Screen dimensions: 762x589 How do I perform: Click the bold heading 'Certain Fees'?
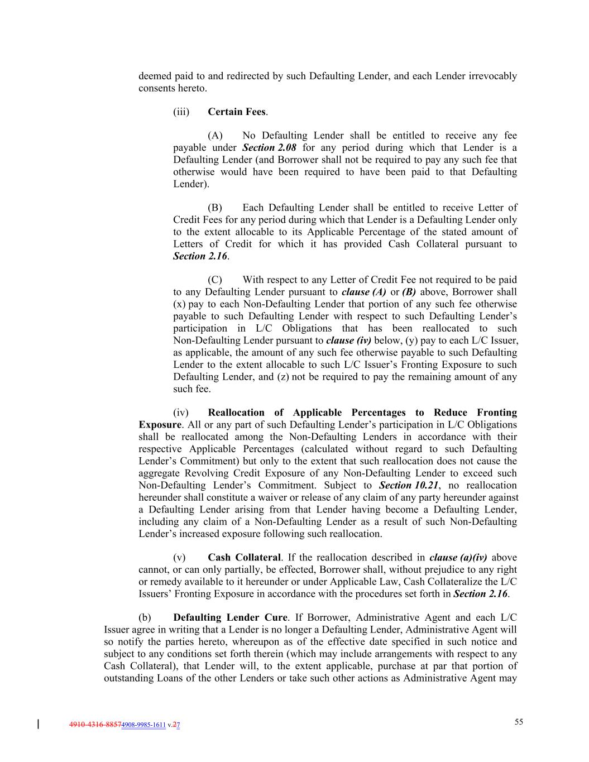237,112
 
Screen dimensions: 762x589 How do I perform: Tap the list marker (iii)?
181,112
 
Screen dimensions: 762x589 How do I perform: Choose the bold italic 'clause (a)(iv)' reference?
458,558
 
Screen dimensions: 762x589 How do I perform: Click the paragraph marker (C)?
215,280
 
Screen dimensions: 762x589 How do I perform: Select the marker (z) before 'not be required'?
282,377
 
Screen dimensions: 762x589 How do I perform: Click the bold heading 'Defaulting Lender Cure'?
230,618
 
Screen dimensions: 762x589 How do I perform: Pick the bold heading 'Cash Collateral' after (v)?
243,558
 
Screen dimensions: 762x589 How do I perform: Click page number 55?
519,722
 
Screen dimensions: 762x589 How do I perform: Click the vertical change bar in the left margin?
38,725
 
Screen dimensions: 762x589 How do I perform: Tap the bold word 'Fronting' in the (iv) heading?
497,413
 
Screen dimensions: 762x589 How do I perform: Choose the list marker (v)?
180,558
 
